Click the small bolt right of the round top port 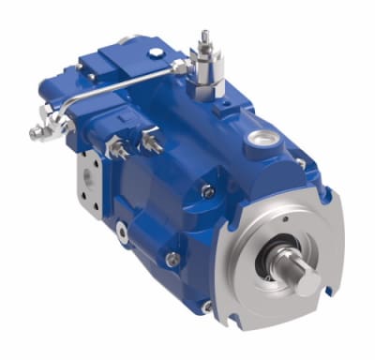[299, 162]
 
